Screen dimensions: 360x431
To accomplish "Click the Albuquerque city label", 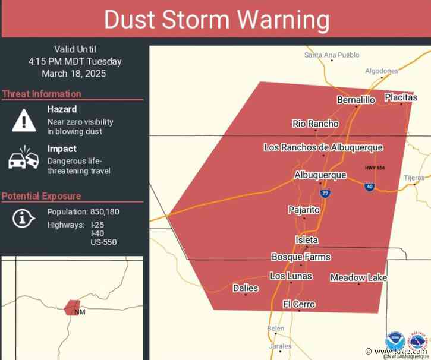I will [320, 175].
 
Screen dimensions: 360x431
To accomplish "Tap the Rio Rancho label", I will [315, 124].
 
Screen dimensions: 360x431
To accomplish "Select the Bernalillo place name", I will [356, 100].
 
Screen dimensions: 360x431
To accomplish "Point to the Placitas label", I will [401, 97].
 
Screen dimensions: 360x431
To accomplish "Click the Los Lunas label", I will [291, 276].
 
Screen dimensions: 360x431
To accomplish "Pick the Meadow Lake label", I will [358, 277].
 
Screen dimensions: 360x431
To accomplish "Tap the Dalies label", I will [246, 288].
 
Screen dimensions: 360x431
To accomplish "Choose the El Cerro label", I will [298, 305].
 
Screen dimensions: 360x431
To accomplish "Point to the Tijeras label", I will [414, 178].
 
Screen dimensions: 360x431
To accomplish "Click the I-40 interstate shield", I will [369, 187].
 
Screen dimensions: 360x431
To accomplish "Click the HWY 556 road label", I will [375, 168].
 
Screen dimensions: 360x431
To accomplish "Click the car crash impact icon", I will [23, 158].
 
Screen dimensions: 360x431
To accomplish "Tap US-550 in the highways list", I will [104, 242].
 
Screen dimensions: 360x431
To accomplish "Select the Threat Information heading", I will [42, 94].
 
